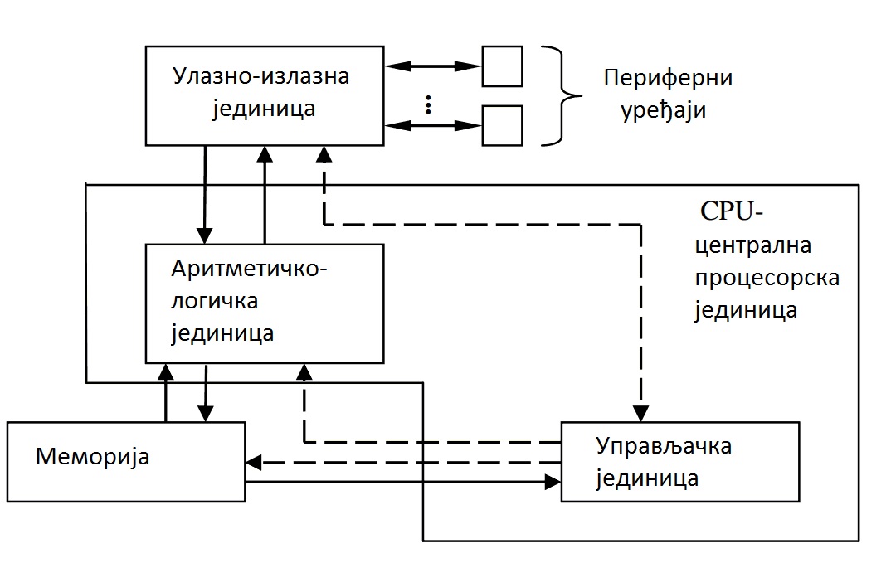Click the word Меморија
(92, 456)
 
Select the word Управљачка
(664, 446)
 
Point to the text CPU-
(731, 211)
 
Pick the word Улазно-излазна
(261, 75)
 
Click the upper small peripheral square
(502, 66)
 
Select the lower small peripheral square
(502, 125)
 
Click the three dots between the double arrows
(428, 104)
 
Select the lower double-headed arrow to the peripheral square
(433, 125)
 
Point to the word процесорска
(767, 277)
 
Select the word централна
(752, 246)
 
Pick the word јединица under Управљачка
(647, 478)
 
